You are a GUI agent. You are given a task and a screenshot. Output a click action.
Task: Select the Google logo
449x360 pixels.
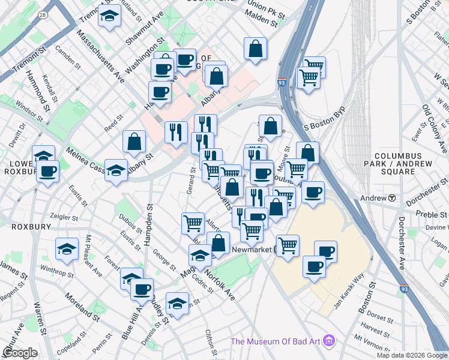point(20,353)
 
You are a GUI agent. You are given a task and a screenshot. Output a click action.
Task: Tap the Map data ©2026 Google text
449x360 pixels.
point(411,355)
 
